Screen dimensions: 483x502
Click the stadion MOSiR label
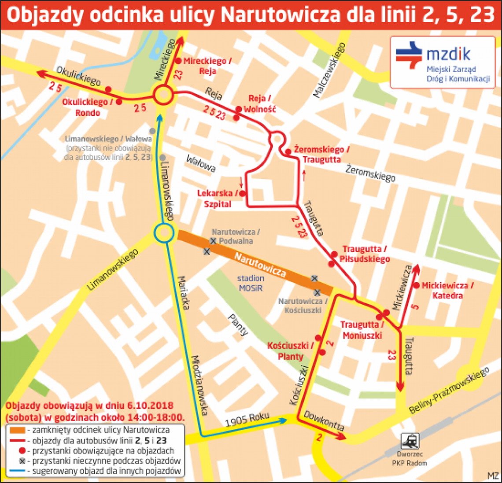pyautogui.click(x=251, y=283)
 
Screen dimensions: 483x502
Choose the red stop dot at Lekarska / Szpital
pyautogui.click(x=242, y=193)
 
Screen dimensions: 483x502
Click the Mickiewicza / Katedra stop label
pyautogui.click(x=447, y=290)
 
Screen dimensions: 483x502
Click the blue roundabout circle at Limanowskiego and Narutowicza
pyautogui.click(x=163, y=232)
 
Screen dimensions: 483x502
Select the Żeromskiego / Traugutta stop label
pyautogui.click(x=321, y=155)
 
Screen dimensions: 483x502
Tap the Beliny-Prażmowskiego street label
pyautogui.click(x=449, y=391)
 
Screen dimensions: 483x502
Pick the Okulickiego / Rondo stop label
pyautogui.click(x=88, y=107)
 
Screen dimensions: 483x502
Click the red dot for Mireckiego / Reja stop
pyautogui.click(x=178, y=61)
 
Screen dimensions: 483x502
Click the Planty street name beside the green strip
pyautogui.click(x=238, y=325)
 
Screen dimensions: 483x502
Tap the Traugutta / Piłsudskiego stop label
pyautogui.click(x=365, y=254)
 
